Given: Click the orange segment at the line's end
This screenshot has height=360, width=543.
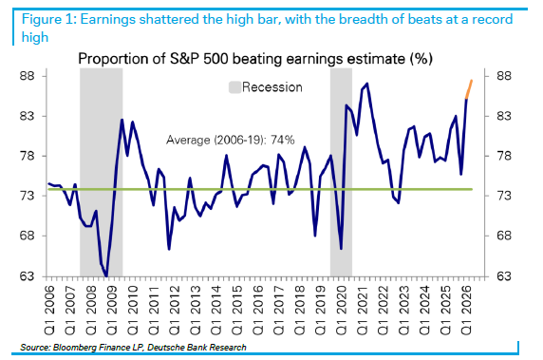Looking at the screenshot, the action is (x=469, y=89).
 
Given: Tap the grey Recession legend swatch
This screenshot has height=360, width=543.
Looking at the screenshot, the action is (x=234, y=87).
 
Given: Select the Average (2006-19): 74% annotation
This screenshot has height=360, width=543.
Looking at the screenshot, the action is (x=231, y=140).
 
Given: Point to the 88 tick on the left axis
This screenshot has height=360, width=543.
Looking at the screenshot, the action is (x=28, y=76).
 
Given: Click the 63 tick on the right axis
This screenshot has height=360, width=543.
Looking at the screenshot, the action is (x=503, y=276).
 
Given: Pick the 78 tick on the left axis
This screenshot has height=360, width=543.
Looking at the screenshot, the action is (x=28, y=156).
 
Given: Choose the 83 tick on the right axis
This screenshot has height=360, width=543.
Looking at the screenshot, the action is (x=503, y=116).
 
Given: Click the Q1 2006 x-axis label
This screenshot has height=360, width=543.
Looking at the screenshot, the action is (x=50, y=311).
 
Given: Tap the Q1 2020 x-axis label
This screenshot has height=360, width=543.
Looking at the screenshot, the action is (x=342, y=311).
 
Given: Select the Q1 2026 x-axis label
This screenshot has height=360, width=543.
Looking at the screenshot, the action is (x=467, y=311).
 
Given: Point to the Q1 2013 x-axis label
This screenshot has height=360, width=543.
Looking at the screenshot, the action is (x=196, y=311).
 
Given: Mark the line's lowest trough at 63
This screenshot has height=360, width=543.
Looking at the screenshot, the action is (x=106, y=275).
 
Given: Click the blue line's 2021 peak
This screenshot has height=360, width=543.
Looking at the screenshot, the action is (x=367, y=84).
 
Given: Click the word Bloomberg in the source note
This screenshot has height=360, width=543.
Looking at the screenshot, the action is (x=74, y=348).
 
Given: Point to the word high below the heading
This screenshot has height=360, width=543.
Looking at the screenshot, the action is (x=34, y=37).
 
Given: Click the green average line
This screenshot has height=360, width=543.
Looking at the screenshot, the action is (x=260, y=189).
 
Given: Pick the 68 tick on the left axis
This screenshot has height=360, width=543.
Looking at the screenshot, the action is (x=28, y=236).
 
